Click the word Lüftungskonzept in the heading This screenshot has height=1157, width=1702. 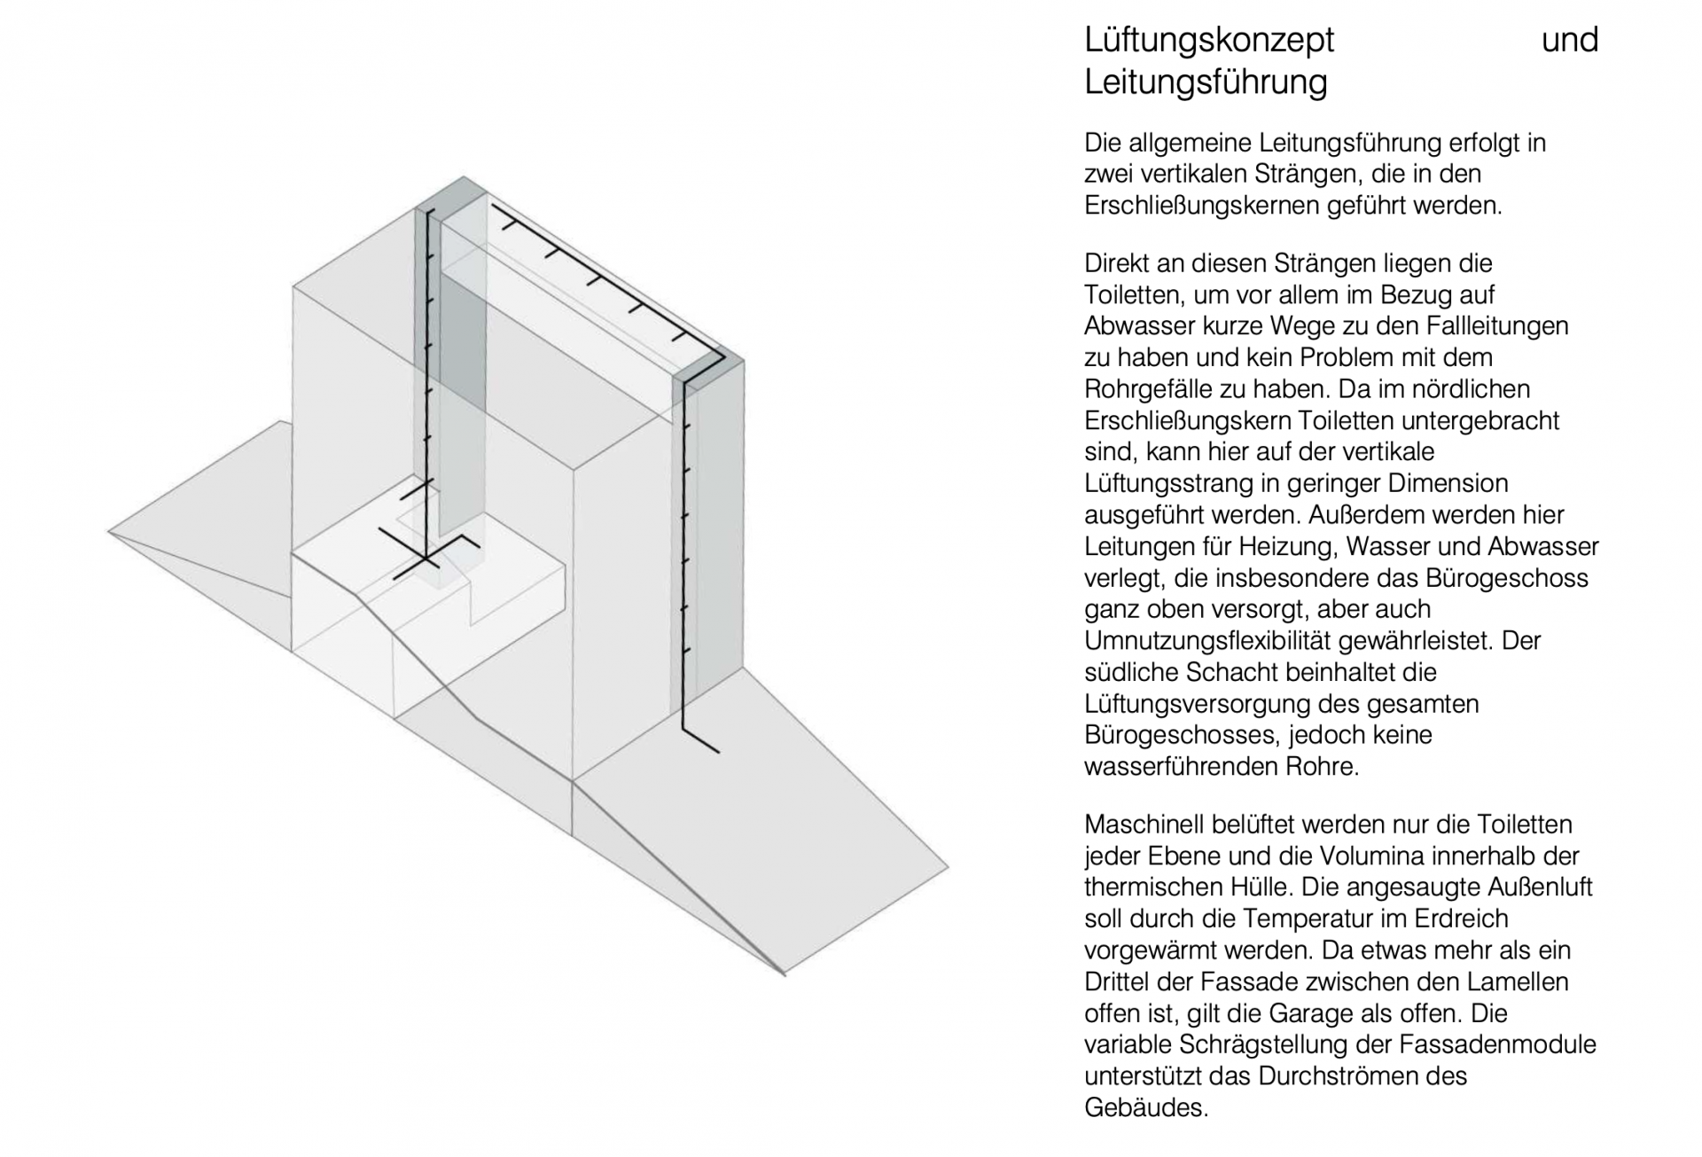[x=1208, y=40]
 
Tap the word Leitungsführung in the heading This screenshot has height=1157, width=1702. [x=1206, y=82]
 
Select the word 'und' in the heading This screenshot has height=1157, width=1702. [x=1569, y=40]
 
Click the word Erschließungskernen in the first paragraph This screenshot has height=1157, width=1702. [x=1202, y=206]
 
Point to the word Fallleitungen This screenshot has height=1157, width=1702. [x=1497, y=326]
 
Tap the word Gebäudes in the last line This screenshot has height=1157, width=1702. [x=1144, y=1107]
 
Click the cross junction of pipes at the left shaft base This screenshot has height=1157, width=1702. [x=427, y=559]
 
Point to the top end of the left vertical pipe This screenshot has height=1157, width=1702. [x=429, y=211]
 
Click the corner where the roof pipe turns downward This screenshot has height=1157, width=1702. [x=722, y=357]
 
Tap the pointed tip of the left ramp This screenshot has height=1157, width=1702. [x=109, y=532]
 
